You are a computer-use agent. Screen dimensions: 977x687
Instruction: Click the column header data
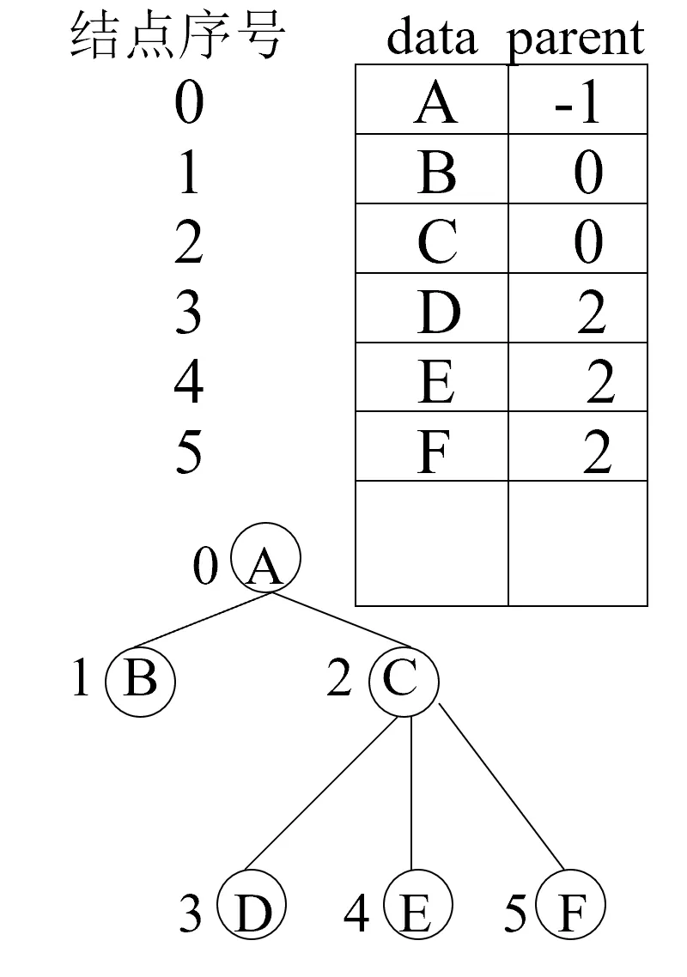(x=432, y=38)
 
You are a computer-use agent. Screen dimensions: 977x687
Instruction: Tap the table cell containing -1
(x=577, y=101)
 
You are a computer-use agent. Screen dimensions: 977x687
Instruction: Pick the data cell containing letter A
(x=433, y=101)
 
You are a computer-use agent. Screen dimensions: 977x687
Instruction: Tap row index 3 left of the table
(x=188, y=311)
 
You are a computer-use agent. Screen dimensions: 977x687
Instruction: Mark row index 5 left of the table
(x=188, y=450)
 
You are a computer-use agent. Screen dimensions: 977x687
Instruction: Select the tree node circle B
(x=140, y=680)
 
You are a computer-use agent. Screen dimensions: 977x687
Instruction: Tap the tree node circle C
(x=404, y=682)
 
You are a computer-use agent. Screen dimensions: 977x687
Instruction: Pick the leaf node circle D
(x=251, y=907)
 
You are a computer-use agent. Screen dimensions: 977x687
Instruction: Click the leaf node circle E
(x=416, y=907)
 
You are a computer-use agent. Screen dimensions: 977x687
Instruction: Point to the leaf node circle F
(x=570, y=907)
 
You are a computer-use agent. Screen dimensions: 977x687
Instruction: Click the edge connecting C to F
(x=502, y=786)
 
